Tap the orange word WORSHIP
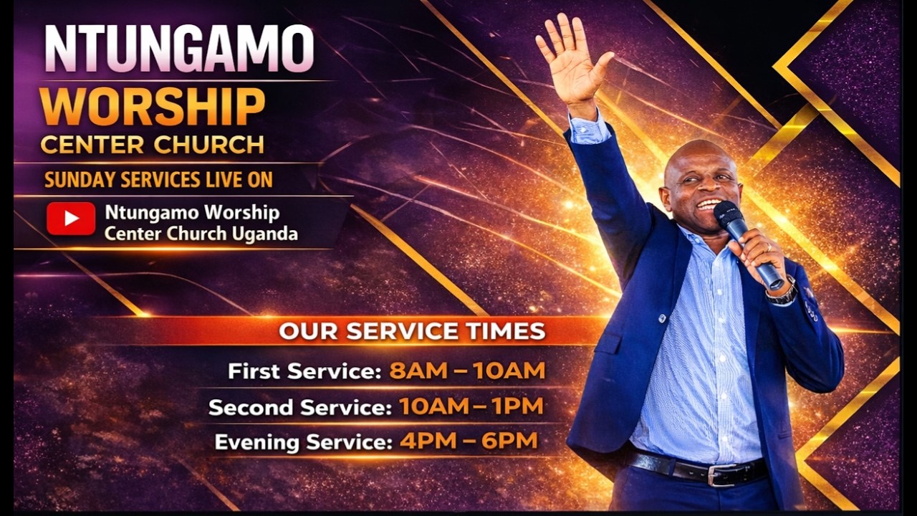(153, 107)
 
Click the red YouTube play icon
(71, 219)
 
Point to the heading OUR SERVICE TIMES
(412, 331)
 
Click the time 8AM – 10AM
(467, 371)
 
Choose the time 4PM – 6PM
(469, 441)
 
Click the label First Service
(304, 371)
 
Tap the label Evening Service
(304, 441)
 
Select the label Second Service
(299, 408)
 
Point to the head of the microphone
(727, 214)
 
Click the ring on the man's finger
(768, 247)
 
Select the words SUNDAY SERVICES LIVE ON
(158, 180)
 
